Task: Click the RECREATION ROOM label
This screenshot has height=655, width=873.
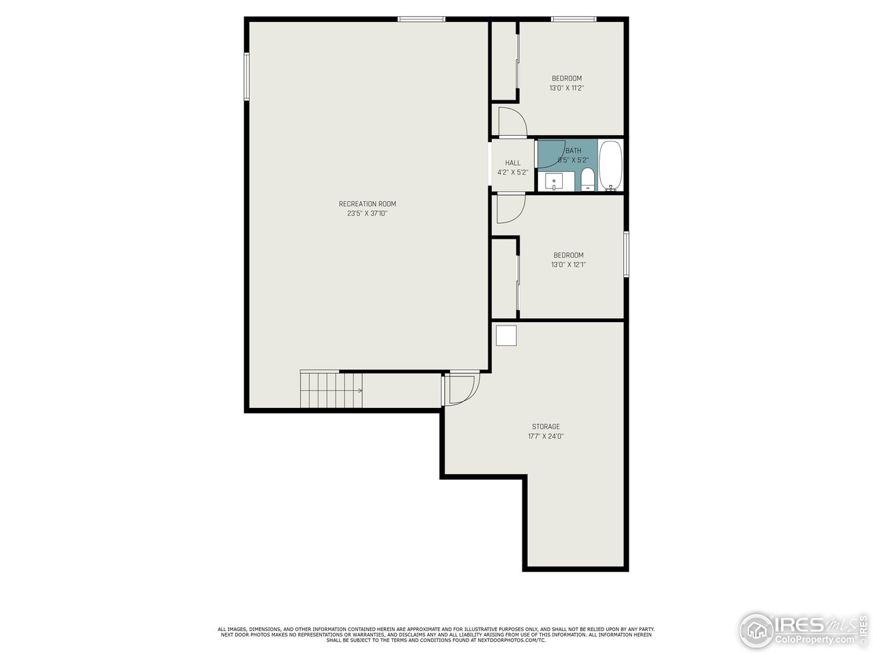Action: click(x=367, y=204)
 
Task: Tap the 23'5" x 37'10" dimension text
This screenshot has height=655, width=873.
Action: click(x=367, y=214)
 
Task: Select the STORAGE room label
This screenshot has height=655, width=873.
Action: click(x=546, y=426)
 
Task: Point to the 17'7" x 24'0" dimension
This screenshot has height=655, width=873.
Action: click(x=546, y=436)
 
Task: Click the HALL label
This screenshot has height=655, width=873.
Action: click(x=513, y=163)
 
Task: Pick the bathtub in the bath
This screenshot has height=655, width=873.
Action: click(x=610, y=165)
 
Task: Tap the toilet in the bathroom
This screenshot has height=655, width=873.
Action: click(x=587, y=180)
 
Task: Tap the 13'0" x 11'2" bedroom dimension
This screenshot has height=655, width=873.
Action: click(x=567, y=88)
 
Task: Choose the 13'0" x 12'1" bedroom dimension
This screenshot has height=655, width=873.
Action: click(x=568, y=265)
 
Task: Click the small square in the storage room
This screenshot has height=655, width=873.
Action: click(x=506, y=336)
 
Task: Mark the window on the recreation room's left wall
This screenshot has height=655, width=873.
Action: click(x=247, y=77)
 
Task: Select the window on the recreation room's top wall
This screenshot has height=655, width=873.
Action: click(x=421, y=19)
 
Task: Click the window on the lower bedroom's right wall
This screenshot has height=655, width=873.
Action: click(x=625, y=254)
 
